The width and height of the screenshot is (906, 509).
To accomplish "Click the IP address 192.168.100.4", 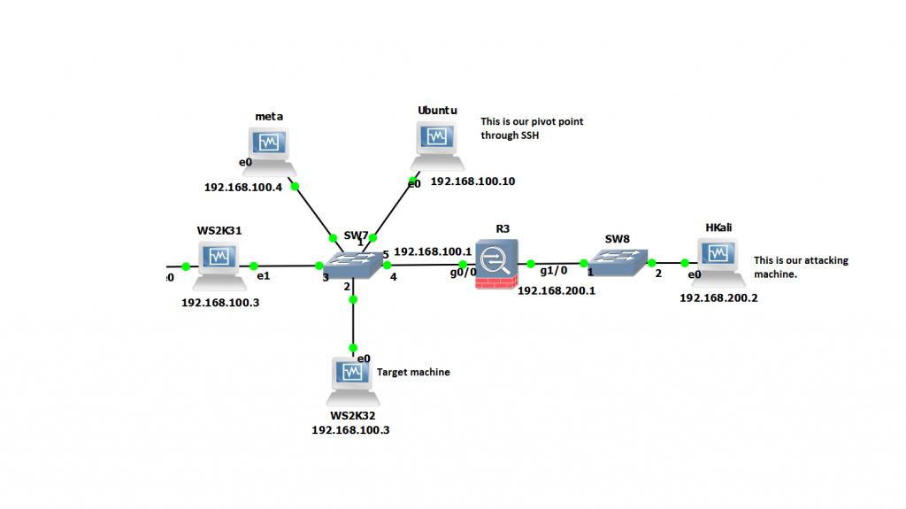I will (244, 188).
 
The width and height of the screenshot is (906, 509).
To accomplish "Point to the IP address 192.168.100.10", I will (472, 181).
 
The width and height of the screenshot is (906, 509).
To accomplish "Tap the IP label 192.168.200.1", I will (557, 290).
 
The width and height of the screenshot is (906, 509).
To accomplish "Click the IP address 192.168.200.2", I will (718, 298).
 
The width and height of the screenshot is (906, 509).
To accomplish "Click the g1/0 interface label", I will (553, 273).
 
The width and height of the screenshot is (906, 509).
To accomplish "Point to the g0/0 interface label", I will (462, 274).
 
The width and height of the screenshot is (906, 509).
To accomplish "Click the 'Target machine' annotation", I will (413, 373).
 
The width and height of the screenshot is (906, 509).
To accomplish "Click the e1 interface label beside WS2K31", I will (263, 276).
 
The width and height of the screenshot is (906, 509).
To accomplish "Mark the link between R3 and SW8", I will (557, 263).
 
